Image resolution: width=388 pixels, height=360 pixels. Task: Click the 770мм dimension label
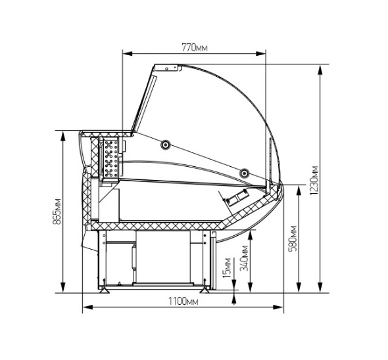195,47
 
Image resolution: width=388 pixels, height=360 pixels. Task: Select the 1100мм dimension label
183,302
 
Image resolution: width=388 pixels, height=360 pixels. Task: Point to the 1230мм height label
314,180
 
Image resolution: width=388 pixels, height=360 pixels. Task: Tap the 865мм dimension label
57,211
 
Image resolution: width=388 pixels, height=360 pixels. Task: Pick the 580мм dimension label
293,238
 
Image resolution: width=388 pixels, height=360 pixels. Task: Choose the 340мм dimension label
245,258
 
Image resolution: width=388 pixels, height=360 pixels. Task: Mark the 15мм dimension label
227,268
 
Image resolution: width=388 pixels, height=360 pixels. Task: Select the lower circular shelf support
245,173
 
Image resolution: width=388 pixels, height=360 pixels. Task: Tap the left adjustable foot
105,290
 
